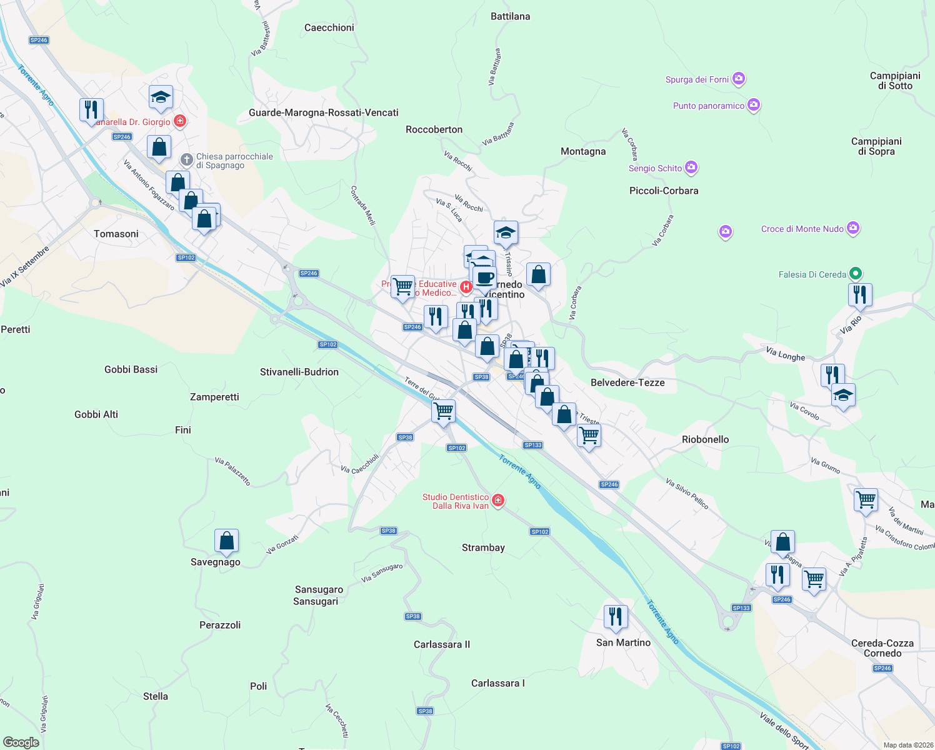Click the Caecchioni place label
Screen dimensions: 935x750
pos(329,27)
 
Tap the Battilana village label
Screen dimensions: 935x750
pos(510,16)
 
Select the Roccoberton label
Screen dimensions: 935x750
pos(434,129)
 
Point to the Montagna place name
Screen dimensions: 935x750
pos(583,151)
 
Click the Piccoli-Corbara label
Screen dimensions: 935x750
pos(664,191)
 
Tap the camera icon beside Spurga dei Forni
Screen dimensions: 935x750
pos(739,79)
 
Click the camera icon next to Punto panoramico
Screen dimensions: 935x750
pos(754,105)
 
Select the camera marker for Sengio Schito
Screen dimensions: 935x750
pos(691,167)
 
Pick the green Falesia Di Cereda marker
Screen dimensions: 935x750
pos(856,274)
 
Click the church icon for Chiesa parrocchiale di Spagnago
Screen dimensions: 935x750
pos(186,160)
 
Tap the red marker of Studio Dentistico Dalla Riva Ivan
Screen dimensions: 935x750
pos(498,501)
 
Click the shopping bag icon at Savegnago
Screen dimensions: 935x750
pos(226,541)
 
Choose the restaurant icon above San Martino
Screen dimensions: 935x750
pos(616,617)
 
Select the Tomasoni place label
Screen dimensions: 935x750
pos(116,234)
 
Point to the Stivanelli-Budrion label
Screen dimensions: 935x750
pos(299,372)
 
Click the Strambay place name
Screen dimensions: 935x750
pos(483,547)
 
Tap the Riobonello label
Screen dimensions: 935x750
pos(705,439)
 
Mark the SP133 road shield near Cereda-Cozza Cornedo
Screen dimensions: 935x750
pos(741,608)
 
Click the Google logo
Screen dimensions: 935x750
pos(21,742)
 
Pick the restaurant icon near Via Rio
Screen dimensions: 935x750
pos(860,294)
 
